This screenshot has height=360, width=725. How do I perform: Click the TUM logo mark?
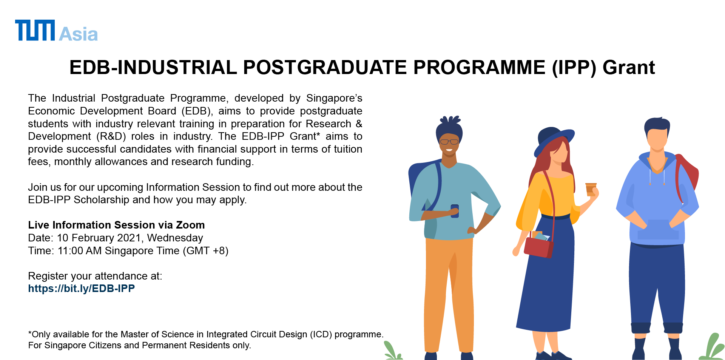coord(35,30)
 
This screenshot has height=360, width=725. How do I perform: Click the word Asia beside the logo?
coord(79,34)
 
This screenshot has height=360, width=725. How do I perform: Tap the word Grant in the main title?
coord(629,68)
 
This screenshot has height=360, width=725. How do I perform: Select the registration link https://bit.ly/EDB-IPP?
coord(81,289)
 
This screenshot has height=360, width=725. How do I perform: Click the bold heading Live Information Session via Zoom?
coord(116,225)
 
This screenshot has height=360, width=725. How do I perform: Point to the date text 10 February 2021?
coord(99,238)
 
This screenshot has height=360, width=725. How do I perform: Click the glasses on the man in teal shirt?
coord(449,142)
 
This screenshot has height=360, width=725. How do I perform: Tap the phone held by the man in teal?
coord(455,211)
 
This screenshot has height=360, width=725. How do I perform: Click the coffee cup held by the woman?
coord(591,189)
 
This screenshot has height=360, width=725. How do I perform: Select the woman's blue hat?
coord(554,140)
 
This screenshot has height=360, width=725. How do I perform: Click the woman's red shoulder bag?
coord(539,247)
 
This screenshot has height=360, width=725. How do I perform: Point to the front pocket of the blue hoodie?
coord(658,229)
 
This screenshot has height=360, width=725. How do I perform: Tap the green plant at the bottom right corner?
coord(713,347)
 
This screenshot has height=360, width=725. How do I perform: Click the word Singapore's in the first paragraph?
coord(334,98)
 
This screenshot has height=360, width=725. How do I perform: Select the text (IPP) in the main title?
coord(574,68)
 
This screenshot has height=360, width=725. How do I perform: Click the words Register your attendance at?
coord(95,276)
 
